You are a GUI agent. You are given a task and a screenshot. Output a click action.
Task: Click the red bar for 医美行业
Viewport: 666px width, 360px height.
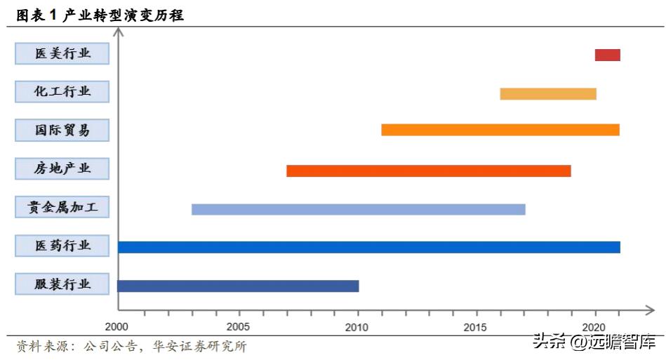click(607, 55)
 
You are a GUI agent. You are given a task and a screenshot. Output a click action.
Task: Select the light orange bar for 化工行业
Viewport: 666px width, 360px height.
click(548, 94)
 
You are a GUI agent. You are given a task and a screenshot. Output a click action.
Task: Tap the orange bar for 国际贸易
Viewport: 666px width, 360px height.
click(500, 130)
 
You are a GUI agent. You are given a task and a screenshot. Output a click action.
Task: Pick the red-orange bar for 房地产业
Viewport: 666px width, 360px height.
click(429, 171)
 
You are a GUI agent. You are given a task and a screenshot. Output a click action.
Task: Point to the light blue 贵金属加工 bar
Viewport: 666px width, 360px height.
click(359, 209)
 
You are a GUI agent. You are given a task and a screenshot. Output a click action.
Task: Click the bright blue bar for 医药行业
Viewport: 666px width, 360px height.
click(369, 247)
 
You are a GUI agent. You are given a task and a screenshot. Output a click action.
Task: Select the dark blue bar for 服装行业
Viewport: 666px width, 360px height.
click(238, 286)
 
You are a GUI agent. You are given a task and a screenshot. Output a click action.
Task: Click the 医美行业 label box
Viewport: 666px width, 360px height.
click(62, 53)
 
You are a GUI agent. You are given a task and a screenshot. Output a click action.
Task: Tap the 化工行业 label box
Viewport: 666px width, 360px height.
click(62, 91)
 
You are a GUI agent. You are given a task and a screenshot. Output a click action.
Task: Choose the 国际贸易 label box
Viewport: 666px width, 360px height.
click(62, 130)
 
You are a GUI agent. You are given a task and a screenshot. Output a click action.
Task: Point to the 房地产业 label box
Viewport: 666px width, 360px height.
click(62, 168)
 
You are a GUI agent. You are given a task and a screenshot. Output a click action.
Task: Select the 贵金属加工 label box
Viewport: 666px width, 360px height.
click(62, 207)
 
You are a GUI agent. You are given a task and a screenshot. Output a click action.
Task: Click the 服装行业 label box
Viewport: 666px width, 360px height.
click(62, 284)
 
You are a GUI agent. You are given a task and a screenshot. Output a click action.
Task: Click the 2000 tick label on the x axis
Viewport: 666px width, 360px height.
click(117, 327)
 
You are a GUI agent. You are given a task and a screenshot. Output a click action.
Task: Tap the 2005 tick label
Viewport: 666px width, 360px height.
click(239, 327)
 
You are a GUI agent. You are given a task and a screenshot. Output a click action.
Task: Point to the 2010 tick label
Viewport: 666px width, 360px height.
click(357, 327)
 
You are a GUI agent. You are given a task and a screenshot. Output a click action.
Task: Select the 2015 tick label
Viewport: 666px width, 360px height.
click(476, 327)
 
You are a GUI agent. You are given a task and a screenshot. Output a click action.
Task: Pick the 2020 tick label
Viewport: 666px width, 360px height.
click(594, 327)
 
